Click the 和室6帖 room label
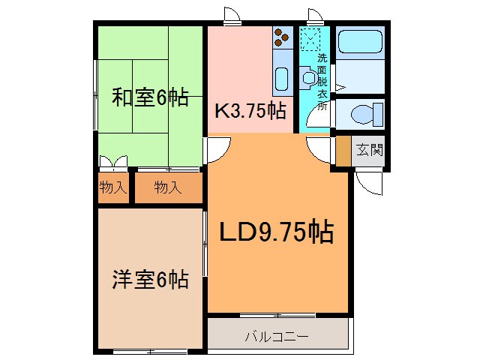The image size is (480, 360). click(150, 98)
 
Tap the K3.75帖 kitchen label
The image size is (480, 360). click(250, 111)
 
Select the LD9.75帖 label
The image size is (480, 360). click(276, 233)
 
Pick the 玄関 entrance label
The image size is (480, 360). click(368, 150)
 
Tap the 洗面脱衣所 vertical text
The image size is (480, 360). click(322, 81)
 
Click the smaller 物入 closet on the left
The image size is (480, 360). click(112, 187)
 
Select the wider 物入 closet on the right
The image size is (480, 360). click(168, 187)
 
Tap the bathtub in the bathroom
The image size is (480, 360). click(358, 43)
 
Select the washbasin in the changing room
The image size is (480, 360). click(307, 76)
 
